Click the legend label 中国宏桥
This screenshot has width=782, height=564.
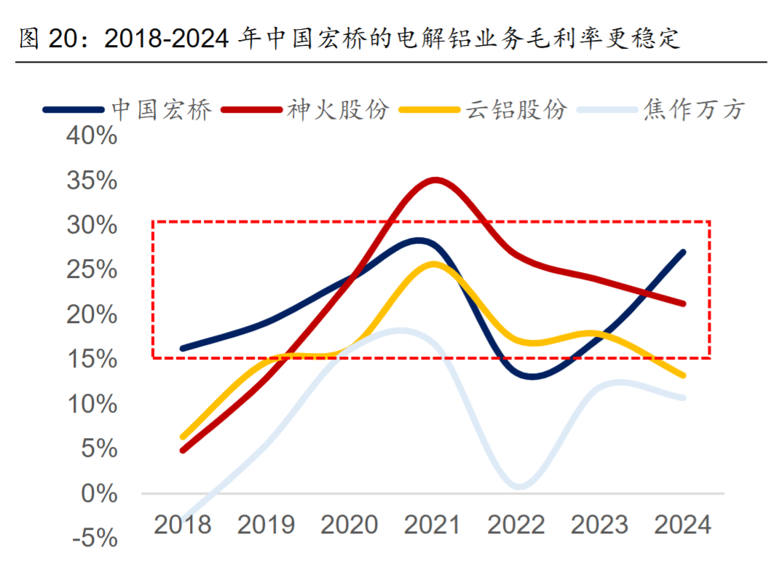[162, 110]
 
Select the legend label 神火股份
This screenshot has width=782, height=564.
[339, 110]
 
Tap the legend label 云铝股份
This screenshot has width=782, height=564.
[516, 110]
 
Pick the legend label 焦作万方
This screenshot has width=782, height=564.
[694, 110]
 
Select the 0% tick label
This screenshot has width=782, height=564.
[99, 493]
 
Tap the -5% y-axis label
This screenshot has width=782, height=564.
[94, 539]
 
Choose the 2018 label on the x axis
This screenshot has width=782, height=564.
[182, 524]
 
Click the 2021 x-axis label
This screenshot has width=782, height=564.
[433, 524]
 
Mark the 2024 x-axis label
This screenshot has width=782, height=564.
[683, 524]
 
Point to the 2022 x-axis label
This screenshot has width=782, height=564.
[516, 524]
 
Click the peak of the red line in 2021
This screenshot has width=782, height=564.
[435, 180]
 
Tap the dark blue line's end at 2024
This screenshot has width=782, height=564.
[683, 252]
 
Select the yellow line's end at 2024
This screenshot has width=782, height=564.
[683, 376]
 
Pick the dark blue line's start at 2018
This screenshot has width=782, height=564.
[182, 349]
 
